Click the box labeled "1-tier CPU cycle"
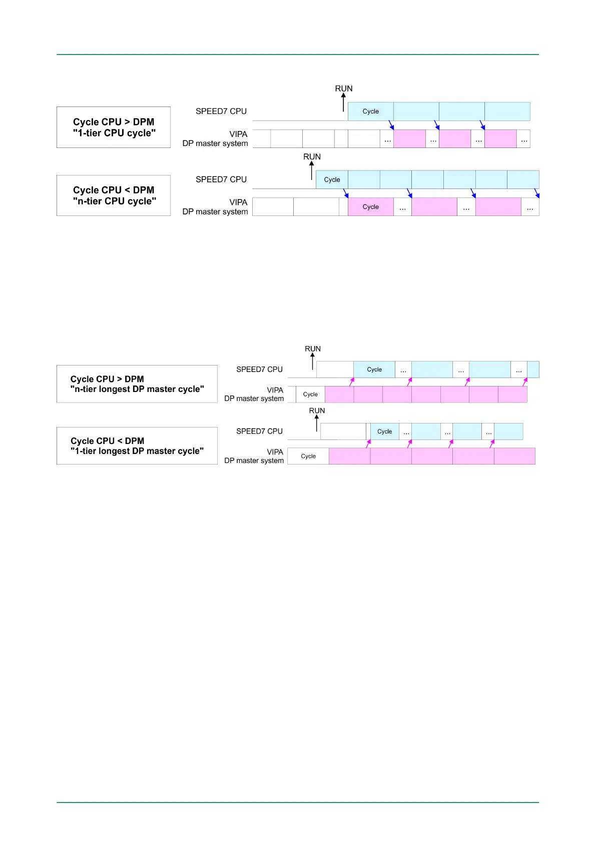tap(114, 127)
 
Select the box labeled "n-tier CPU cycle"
tap(114, 195)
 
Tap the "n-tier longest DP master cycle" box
tap(137, 384)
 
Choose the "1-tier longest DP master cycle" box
tap(137, 446)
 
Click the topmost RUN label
tap(344, 88)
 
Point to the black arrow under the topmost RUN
tap(343, 102)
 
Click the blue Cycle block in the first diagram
tap(371, 111)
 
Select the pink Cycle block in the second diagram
tap(371, 207)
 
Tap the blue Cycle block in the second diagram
tap(332, 180)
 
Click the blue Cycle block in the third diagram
tap(374, 369)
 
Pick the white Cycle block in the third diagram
tap(310, 394)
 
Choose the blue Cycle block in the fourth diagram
tap(384, 431)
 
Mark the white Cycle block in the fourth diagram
tap(308, 456)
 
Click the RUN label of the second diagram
tap(312, 156)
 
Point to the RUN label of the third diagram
tap(313, 348)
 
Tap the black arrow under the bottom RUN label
tap(317, 423)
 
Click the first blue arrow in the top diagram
tap(391, 125)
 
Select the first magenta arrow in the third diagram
tap(352, 381)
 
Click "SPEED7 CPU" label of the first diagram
tap(221, 111)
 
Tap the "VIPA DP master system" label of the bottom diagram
tap(254, 456)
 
